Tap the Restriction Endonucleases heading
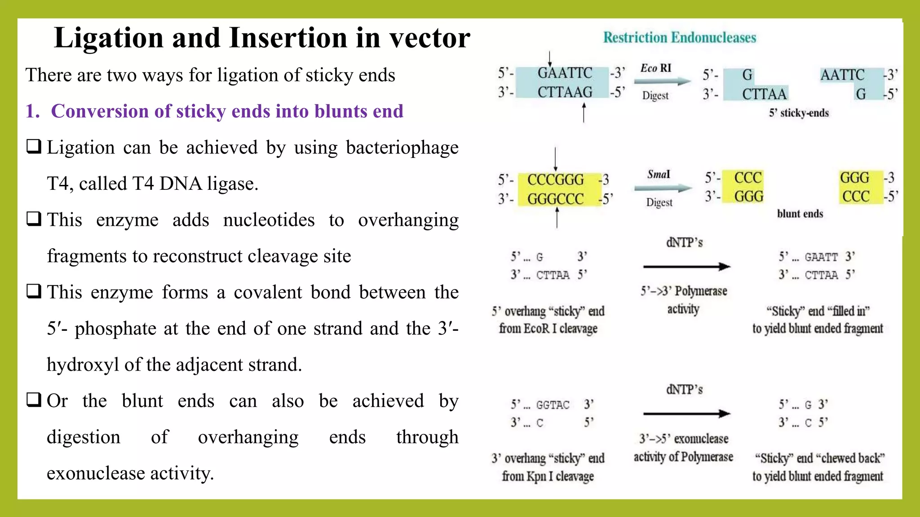point(679,37)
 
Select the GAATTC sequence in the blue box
point(565,73)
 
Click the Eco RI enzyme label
point(655,68)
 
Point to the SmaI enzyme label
point(659,174)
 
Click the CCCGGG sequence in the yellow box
point(555,180)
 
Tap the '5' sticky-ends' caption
point(798,113)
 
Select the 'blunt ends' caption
point(800,214)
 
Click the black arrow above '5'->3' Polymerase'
point(686,267)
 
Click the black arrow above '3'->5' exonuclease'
point(686,413)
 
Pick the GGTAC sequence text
point(553,405)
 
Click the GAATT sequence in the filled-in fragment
point(821,257)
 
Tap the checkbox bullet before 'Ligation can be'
point(34,146)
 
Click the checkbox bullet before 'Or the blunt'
point(34,399)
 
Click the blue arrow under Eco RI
point(662,82)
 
